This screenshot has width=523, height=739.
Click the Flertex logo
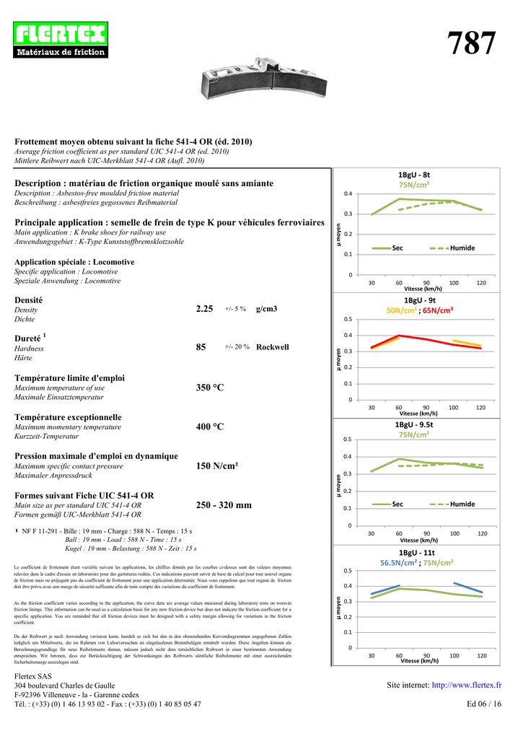point(61,40)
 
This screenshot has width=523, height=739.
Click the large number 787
point(472,44)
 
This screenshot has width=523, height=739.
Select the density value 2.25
point(205,309)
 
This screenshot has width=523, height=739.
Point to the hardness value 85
point(201,347)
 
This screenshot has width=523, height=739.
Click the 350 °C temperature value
point(210,388)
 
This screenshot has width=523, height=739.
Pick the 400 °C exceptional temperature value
point(210,427)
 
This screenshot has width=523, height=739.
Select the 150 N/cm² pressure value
point(217,466)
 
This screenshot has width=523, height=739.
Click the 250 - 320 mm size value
point(224,505)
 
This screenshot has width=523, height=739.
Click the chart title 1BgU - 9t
point(419,299)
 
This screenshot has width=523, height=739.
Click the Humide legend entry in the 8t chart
point(462,248)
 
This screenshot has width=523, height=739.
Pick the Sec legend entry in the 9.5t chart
point(397,504)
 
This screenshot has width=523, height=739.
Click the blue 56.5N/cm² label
point(399,563)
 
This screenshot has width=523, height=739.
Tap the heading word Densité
point(29,299)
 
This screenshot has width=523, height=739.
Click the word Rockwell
point(272,347)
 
